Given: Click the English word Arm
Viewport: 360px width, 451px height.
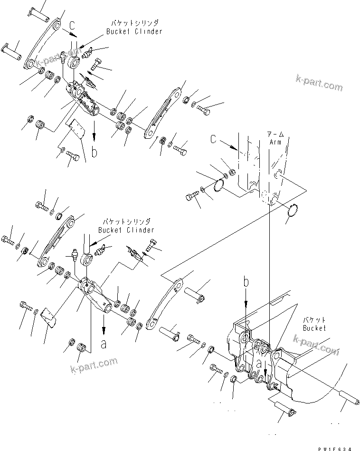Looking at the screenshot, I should [x=276, y=142].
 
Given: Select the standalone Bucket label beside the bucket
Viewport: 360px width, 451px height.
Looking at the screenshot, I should [x=314, y=328].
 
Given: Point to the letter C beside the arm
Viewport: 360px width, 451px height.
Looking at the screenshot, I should [x=215, y=140].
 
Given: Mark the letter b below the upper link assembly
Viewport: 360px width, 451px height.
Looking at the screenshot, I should [x=95, y=152].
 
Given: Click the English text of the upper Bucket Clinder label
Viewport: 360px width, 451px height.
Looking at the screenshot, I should [x=133, y=31].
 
